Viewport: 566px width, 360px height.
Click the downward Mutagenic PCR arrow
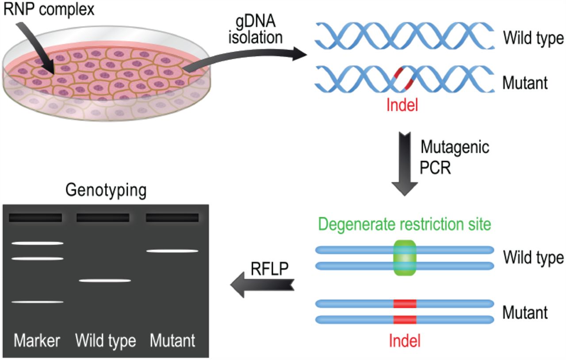coord(405,164)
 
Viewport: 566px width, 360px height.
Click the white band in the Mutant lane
coord(172,251)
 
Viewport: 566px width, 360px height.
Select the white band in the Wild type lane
coord(105,280)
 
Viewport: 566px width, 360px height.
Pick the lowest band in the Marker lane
coord(38,302)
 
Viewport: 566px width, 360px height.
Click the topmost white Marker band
coord(38,243)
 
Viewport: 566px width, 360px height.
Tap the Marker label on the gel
coord(38,341)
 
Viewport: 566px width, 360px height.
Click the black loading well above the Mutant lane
coord(172,218)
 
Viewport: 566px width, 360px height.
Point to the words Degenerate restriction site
coord(404,225)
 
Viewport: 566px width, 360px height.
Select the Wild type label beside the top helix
coord(533,38)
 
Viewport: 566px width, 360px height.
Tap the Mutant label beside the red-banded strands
coord(525,313)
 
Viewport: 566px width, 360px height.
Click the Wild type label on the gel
coord(105,341)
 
